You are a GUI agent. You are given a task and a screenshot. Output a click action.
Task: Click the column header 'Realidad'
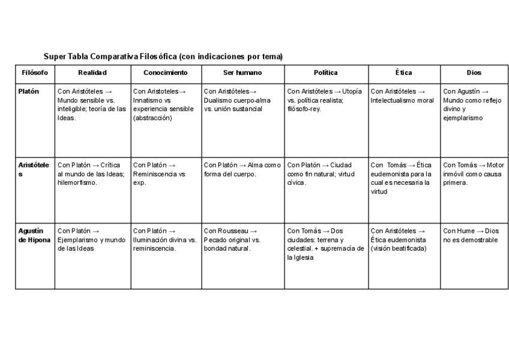[x=92, y=73]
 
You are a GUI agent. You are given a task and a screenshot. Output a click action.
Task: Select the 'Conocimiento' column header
[x=166, y=73]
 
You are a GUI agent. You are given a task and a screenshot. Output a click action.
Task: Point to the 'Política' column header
[x=325, y=73]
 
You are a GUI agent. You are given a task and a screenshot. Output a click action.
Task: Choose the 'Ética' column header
[x=403, y=73]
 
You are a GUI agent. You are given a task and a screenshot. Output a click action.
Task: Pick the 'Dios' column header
[x=474, y=73]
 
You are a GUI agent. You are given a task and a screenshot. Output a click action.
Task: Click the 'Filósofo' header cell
[x=35, y=73]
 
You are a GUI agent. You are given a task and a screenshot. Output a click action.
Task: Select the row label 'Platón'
[x=28, y=91]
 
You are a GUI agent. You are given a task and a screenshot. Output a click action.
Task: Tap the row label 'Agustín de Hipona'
[x=34, y=235]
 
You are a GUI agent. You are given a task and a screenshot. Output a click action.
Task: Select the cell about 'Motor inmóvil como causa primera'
[x=474, y=173]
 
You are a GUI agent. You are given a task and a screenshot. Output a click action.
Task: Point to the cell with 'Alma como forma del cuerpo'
[x=242, y=169]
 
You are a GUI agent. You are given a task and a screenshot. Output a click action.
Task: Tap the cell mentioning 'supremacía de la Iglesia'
[x=325, y=244]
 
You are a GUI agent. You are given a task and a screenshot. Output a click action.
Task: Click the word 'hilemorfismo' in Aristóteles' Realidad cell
[x=77, y=182]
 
